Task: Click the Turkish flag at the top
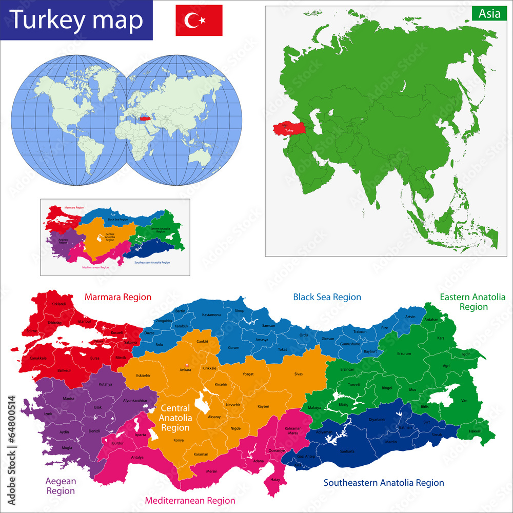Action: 199,20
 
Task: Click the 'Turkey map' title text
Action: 76,20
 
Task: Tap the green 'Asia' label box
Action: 489,14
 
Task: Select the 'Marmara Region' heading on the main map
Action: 118,297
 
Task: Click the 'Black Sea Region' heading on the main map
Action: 327,297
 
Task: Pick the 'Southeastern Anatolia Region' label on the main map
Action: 383,483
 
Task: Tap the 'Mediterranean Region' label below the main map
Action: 190,500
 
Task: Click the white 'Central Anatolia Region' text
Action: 175,418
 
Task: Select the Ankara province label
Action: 185,370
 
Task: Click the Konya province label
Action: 179,441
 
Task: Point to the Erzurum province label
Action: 404,353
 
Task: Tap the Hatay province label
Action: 275,480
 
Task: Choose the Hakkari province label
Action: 475,431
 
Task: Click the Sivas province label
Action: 298,374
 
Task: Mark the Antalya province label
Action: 137,458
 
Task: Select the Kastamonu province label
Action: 211,314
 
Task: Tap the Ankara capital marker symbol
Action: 187,365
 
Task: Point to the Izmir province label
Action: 48,413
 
